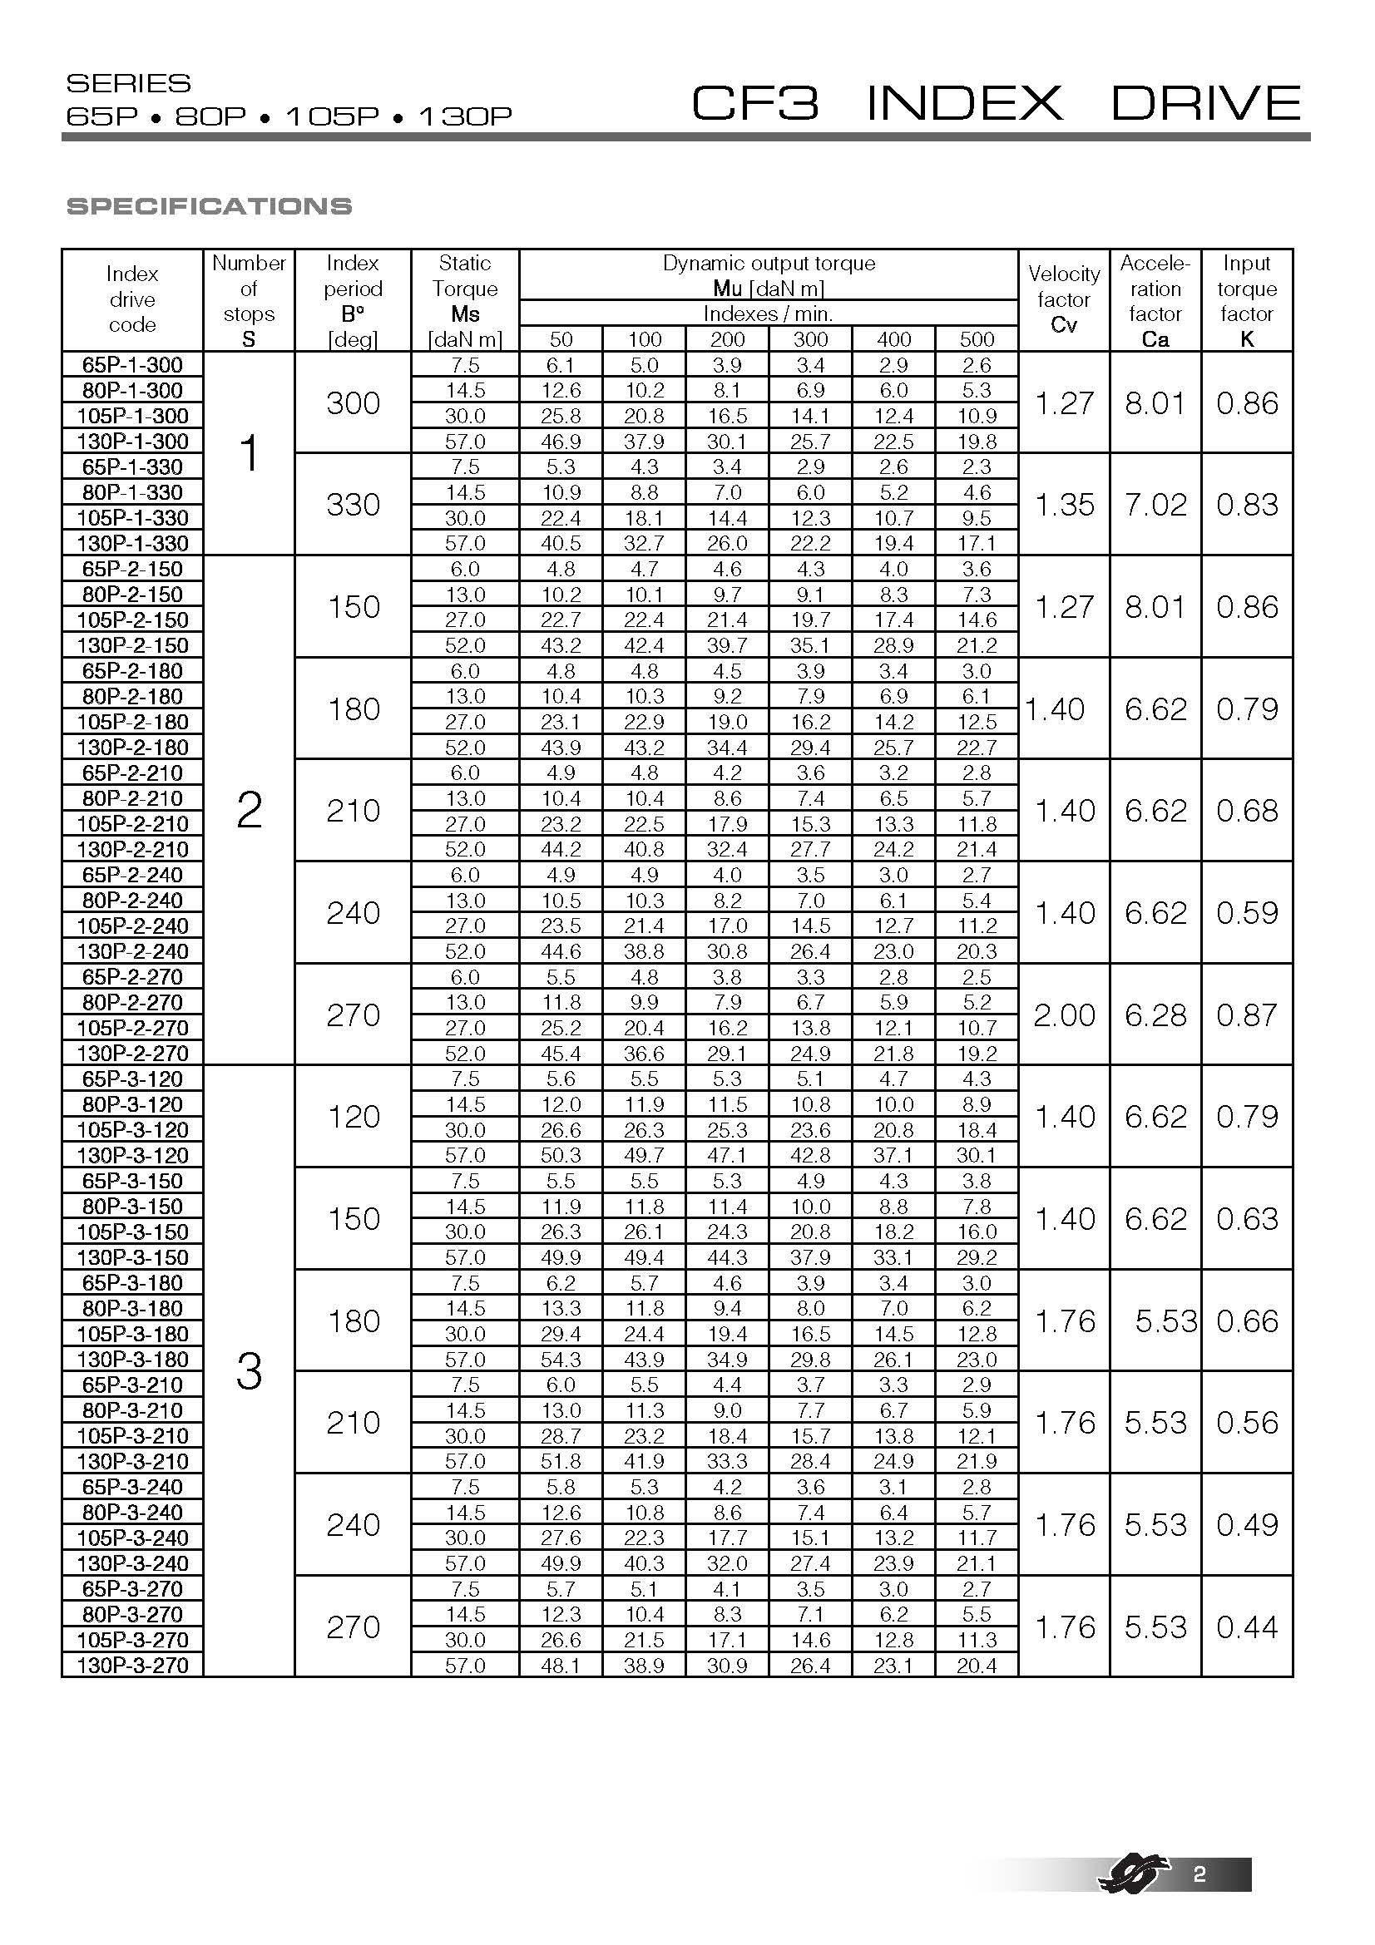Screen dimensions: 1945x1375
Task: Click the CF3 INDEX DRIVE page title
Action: click(x=996, y=103)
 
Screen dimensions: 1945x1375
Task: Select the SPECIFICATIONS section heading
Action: click(x=209, y=206)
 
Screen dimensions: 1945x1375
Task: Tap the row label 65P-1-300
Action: click(x=132, y=364)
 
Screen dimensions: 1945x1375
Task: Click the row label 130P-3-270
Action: click(x=132, y=1665)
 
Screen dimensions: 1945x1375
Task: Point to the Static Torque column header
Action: click(x=464, y=301)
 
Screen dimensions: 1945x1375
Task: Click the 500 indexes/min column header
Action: click(x=976, y=340)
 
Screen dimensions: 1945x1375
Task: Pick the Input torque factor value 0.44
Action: click(x=1246, y=1627)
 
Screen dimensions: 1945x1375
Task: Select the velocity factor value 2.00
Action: click(x=1064, y=1014)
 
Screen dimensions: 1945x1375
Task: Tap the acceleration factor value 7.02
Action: click(x=1155, y=504)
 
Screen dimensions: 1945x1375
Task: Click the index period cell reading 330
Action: click(x=353, y=504)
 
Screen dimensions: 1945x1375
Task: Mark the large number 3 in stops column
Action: click(x=248, y=1371)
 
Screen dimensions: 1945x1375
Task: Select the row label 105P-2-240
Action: click(x=132, y=925)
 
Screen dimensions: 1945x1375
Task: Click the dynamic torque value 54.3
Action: click(x=560, y=1359)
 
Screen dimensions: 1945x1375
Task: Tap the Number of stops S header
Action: click(x=248, y=301)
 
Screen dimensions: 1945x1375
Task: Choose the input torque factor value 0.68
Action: click(x=1246, y=810)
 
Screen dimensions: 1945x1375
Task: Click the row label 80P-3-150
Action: click(x=132, y=1206)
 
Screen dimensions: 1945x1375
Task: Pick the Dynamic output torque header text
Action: click(x=769, y=264)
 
